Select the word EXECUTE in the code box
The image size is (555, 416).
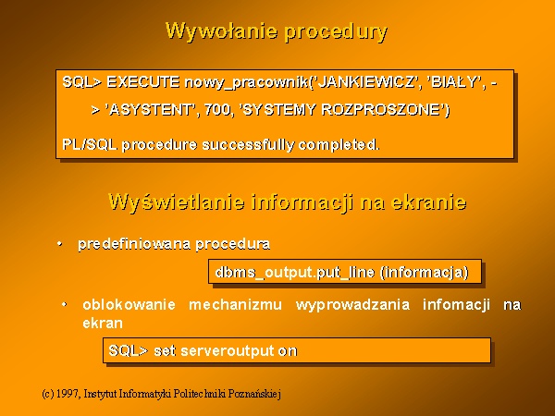coord(143,82)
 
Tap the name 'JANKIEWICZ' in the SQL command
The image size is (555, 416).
coord(366,82)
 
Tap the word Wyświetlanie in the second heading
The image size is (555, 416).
coord(177,202)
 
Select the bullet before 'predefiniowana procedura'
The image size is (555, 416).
coord(60,244)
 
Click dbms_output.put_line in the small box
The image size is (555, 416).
coord(295,273)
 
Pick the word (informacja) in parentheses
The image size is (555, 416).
coord(424,273)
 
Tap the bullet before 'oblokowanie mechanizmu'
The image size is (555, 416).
coord(65,304)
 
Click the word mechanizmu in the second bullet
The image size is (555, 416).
coord(235,304)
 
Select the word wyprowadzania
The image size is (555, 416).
coord(353,305)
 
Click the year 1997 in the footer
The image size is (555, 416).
coord(68,394)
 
